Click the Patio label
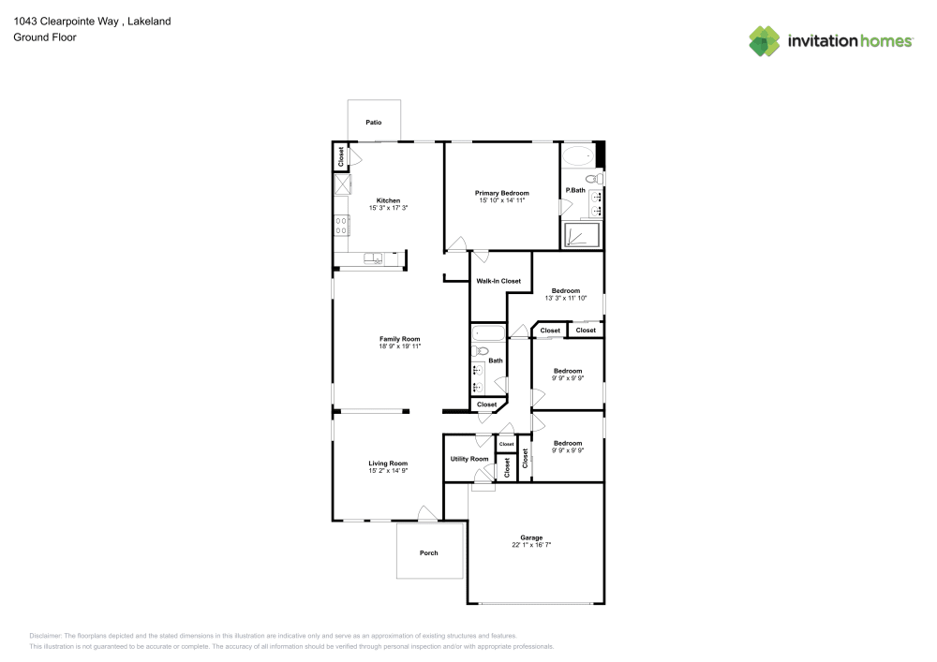coord(374,123)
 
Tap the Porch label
coord(428,552)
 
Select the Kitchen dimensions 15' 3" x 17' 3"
coord(388,207)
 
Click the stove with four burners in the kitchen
coord(342,225)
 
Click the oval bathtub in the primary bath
coord(576,155)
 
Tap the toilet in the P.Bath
coord(592,178)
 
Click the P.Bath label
coord(574,191)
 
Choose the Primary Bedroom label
coord(501,193)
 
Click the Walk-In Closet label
coord(498,281)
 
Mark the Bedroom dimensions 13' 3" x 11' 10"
coord(565,298)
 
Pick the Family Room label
coord(399,339)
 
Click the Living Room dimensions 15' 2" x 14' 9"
coord(388,471)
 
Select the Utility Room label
coord(469,459)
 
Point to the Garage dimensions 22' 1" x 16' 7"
coord(531,544)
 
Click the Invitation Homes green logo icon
coord(765,40)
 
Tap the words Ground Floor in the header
coord(45,37)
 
